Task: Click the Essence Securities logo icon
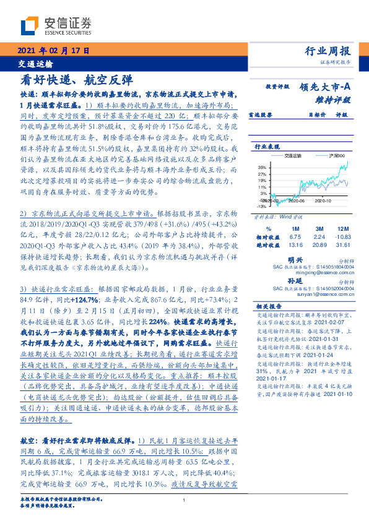(30, 25)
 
